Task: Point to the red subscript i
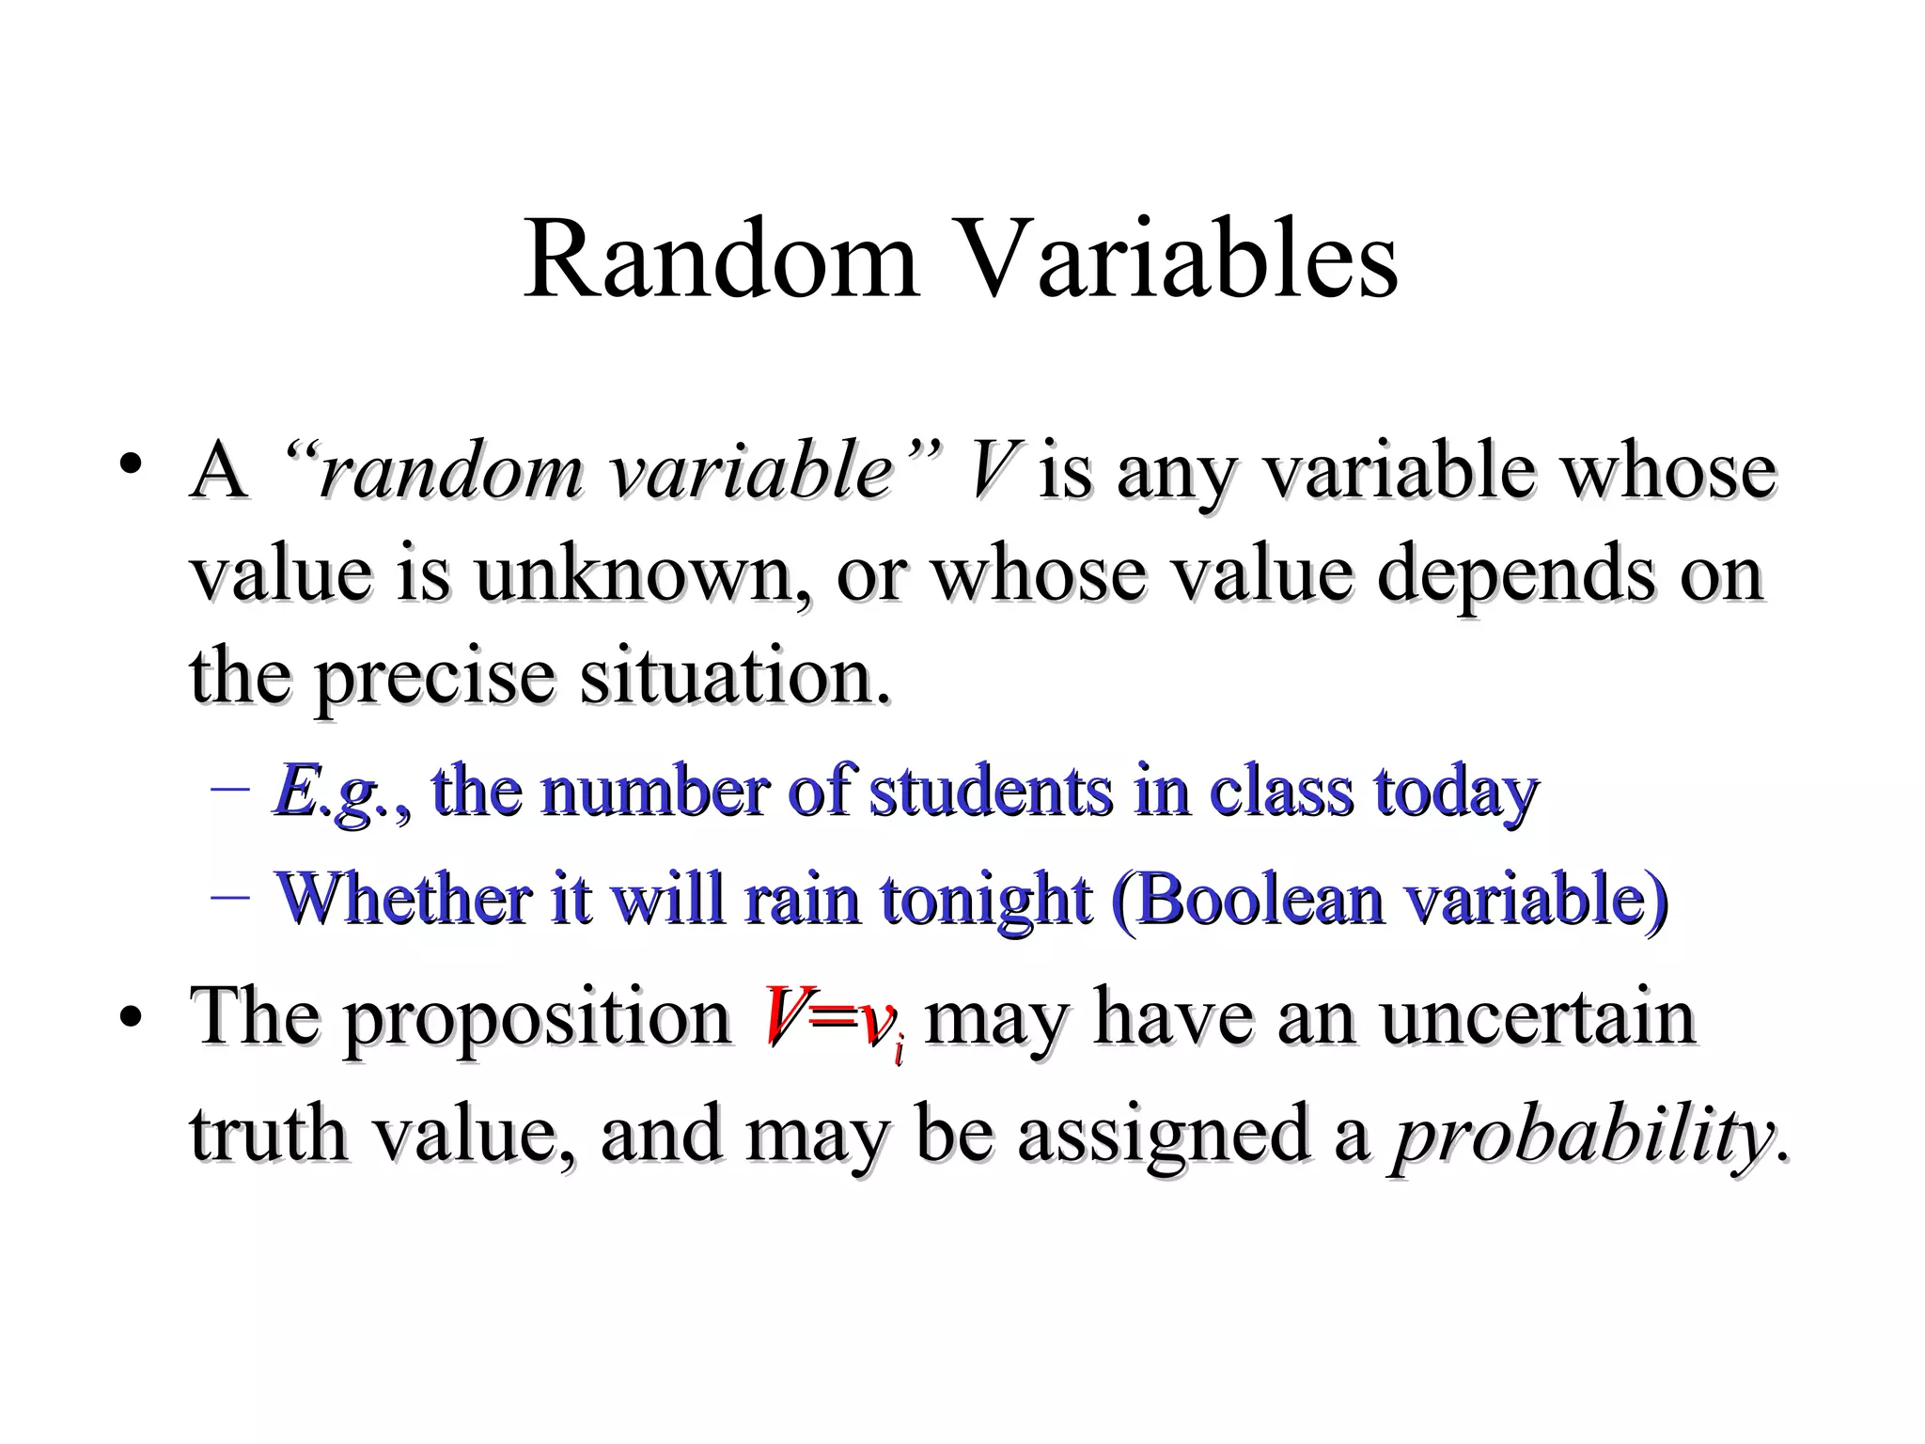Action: point(899,1047)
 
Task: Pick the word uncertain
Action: point(1538,1017)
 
